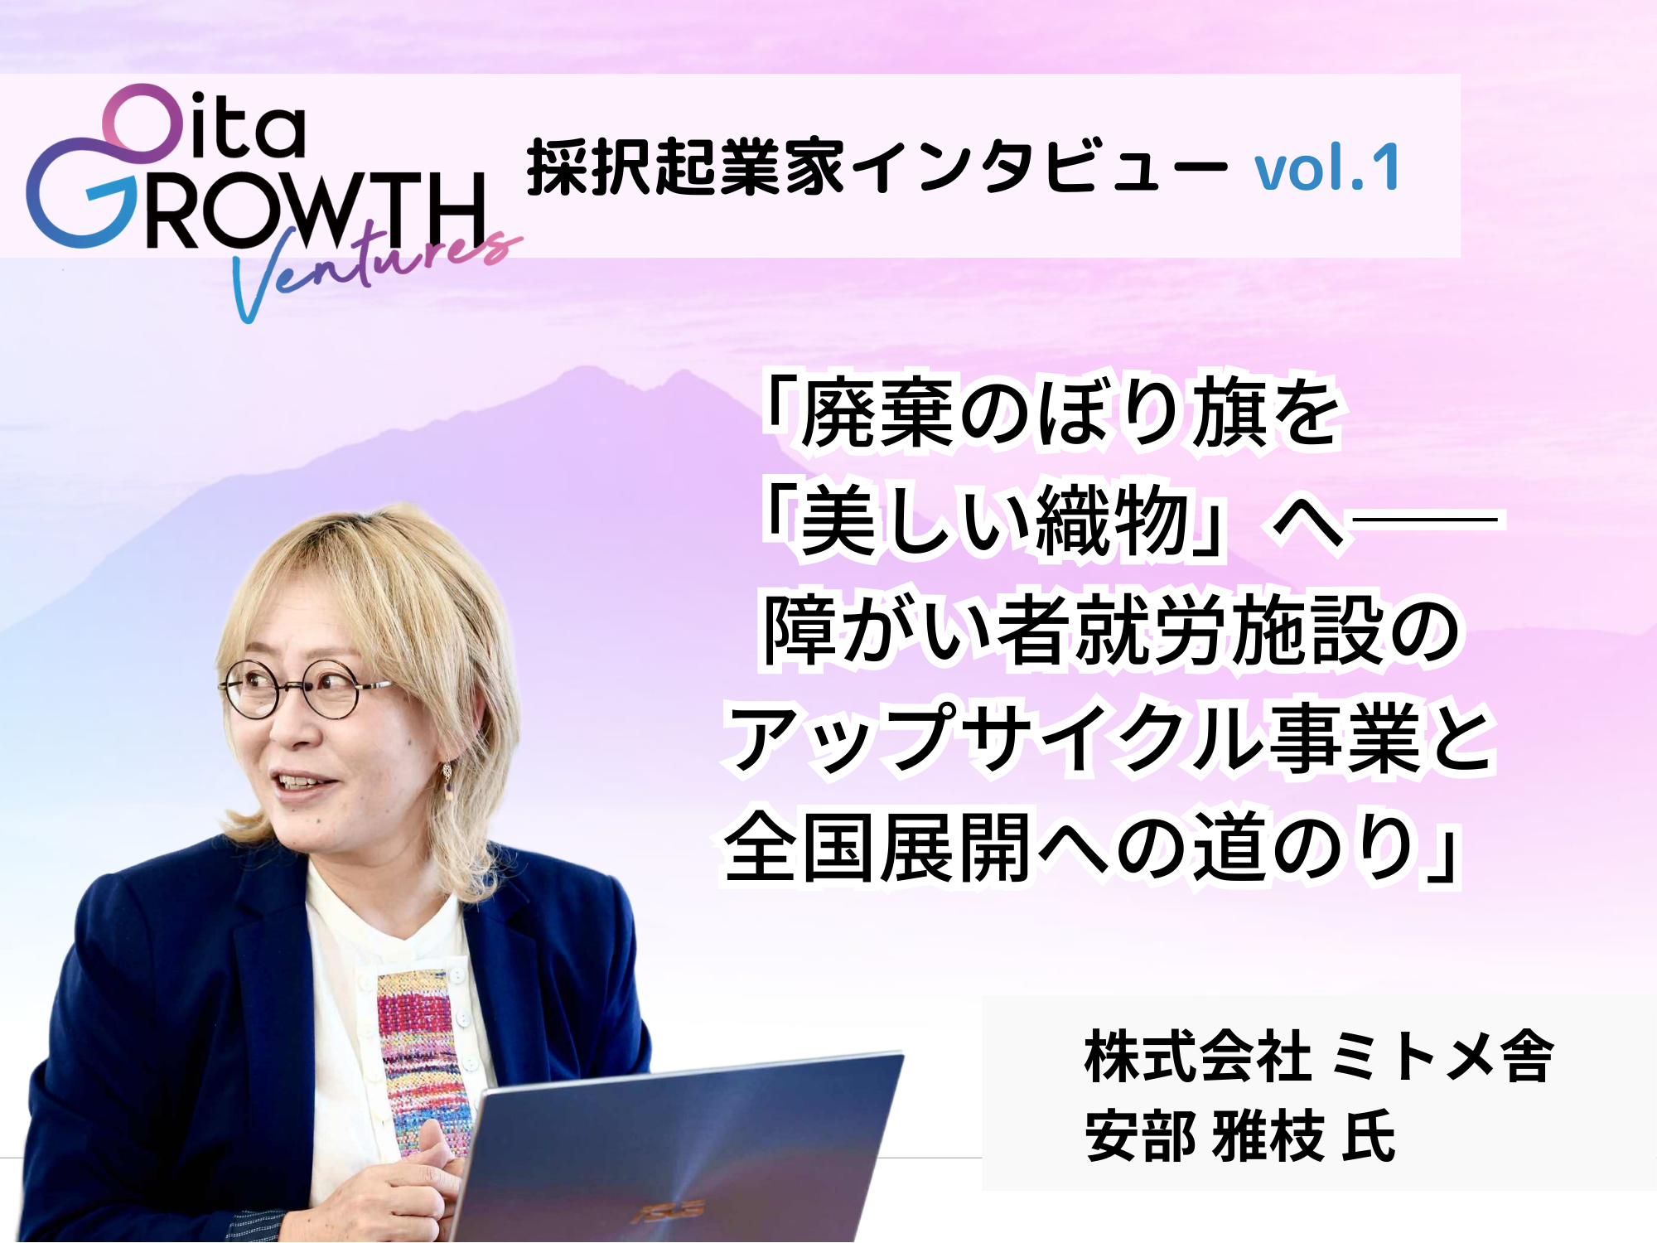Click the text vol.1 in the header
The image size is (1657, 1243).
pyautogui.click(x=1326, y=168)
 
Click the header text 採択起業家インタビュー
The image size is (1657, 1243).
pyautogui.click(x=876, y=167)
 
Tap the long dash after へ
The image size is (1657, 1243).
pyautogui.click(x=1423, y=520)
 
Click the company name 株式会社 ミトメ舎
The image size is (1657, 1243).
pyautogui.click(x=1318, y=1057)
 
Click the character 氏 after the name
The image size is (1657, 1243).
pyautogui.click(x=1370, y=1135)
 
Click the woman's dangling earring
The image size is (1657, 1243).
pyautogui.click(x=448, y=779)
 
